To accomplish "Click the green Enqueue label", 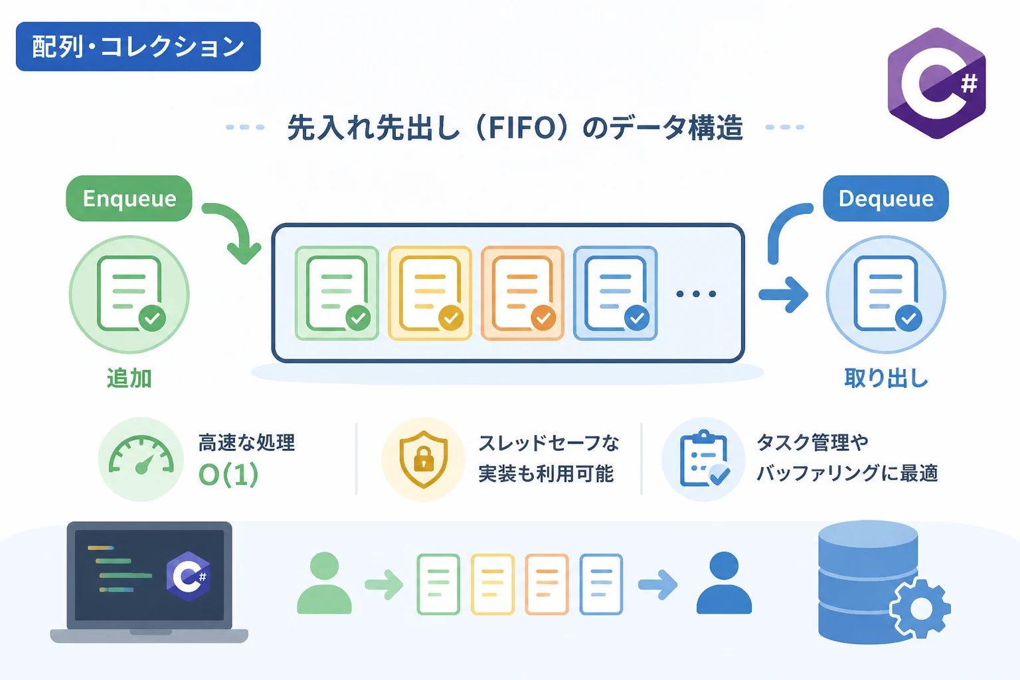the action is tap(129, 199).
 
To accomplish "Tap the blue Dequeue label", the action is tap(886, 199).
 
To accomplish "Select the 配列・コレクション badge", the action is tap(138, 46).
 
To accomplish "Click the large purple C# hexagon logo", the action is tap(937, 83).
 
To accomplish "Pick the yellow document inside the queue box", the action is tap(430, 294).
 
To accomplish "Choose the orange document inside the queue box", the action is tap(523, 294).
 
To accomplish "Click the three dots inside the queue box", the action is tap(696, 294).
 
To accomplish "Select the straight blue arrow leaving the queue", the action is tap(783, 295).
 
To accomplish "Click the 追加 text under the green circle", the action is tap(129, 378).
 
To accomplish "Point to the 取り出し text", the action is tap(886, 378).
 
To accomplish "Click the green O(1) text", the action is tap(228, 475).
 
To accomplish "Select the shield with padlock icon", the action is tap(424, 459).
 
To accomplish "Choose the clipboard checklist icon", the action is tap(704, 458).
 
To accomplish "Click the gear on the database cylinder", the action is tap(920, 608).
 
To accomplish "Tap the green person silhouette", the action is tap(324, 582).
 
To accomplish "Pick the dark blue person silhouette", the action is tap(724, 582).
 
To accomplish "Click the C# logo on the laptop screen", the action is tap(189, 576).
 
